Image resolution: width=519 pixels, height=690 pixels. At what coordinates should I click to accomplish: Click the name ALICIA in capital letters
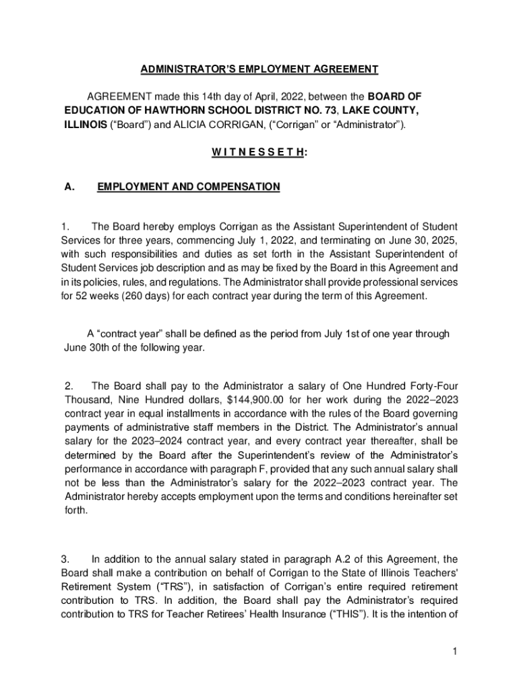[197, 125]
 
